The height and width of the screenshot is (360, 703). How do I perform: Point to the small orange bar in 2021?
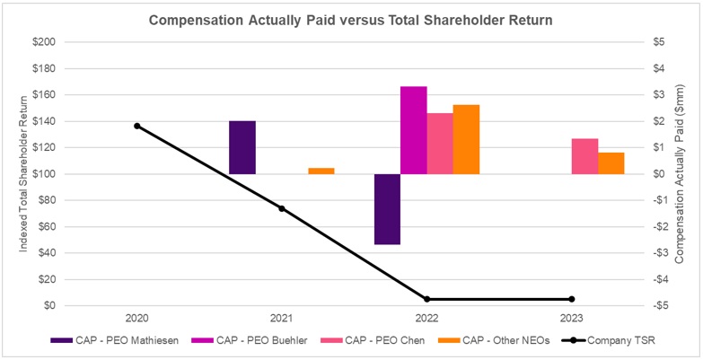point(321,171)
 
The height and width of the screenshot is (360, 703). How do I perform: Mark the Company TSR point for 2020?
point(137,126)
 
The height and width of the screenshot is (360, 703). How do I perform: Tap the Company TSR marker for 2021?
point(282,208)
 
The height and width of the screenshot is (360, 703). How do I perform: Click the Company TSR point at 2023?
point(571,299)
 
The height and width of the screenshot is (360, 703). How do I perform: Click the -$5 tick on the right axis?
point(658,305)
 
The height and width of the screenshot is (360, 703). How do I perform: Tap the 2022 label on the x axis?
point(426,318)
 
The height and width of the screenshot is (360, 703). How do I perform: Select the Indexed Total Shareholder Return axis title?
point(24,173)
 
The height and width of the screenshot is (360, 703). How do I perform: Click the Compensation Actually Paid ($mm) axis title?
point(684,173)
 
